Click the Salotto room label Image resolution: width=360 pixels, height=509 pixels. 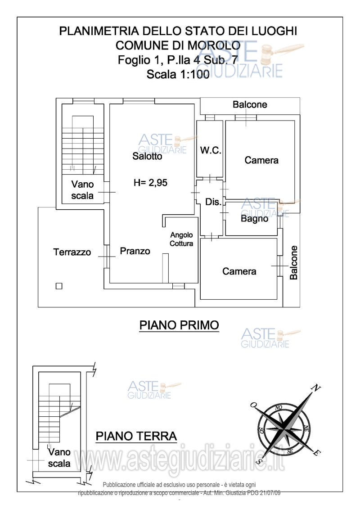click(x=147, y=156)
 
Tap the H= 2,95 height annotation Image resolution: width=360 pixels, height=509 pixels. click(x=150, y=183)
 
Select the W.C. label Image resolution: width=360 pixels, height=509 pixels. click(x=211, y=150)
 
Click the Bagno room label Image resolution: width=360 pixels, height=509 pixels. click(x=255, y=218)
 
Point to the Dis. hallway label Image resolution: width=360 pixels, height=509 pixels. click(x=213, y=202)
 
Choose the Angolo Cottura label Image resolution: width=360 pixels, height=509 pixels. click(x=181, y=239)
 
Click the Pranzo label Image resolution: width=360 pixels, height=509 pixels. click(x=135, y=251)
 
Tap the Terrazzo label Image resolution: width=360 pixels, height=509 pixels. click(x=72, y=252)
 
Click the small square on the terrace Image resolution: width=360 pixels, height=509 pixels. click(x=59, y=286)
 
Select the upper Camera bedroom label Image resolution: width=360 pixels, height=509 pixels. click(x=261, y=160)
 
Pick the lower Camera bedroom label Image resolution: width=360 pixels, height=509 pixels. click(x=239, y=271)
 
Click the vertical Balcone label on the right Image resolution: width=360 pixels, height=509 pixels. click(x=293, y=263)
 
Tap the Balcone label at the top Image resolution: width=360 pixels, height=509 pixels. click(x=250, y=104)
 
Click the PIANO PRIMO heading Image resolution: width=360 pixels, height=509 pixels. click(x=179, y=325)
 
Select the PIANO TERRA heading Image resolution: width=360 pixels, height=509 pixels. click(x=136, y=436)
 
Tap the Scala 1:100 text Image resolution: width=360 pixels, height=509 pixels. click(x=178, y=74)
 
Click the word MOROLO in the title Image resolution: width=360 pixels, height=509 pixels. click(x=214, y=45)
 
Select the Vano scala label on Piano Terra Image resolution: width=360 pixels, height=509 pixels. click(x=59, y=458)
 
